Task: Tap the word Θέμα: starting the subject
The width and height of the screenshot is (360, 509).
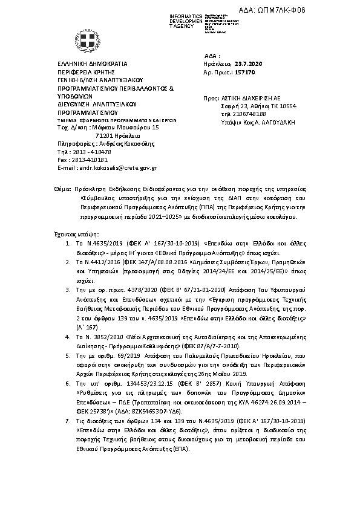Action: [62, 189]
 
